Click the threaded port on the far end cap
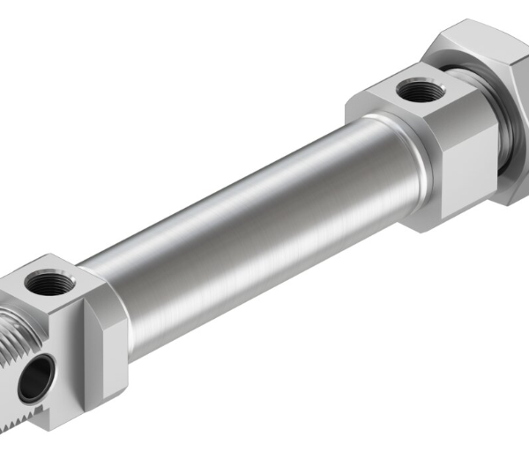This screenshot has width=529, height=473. [412, 90]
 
